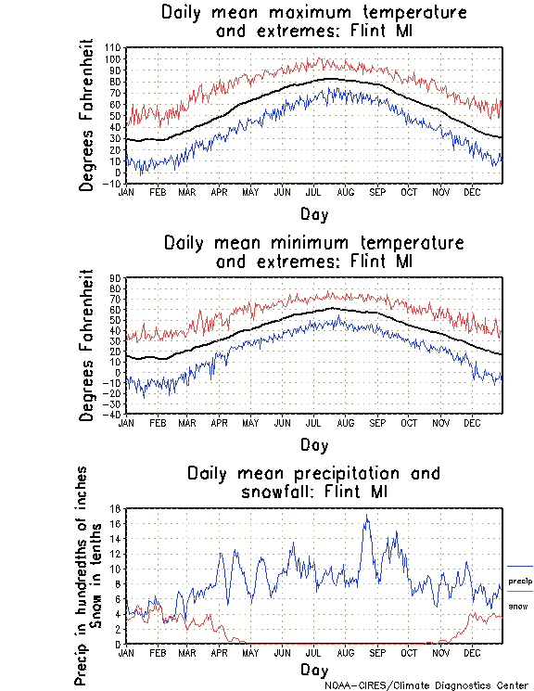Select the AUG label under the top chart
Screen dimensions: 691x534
(x=346, y=192)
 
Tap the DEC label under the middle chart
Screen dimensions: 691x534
(x=472, y=423)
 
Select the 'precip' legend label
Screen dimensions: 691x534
(x=520, y=582)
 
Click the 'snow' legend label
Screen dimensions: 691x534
(x=517, y=607)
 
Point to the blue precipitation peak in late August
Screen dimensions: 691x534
(x=367, y=517)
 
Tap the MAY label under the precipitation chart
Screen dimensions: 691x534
(x=250, y=652)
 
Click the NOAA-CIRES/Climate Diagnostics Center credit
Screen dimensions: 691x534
(x=426, y=685)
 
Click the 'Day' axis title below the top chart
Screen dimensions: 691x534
(x=313, y=214)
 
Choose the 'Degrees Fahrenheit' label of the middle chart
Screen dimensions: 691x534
(x=87, y=345)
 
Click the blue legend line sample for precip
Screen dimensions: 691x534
(x=520, y=566)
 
